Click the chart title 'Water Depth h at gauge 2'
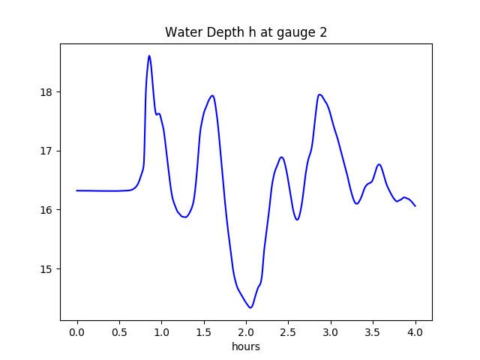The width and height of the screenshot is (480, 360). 246,32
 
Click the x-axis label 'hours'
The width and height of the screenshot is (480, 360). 246,347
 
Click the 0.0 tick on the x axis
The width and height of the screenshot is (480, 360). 77,332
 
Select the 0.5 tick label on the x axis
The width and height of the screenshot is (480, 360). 119,332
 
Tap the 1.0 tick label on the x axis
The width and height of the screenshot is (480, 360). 161,332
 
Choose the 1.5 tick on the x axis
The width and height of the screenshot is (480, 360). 204,332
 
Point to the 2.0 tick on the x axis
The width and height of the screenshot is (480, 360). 246,332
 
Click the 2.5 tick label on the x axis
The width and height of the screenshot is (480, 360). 289,332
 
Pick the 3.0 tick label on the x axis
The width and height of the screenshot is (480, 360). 331,332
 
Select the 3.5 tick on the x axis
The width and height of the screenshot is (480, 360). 373,332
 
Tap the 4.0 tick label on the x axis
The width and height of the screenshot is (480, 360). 415,332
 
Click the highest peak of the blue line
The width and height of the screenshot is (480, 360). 149,55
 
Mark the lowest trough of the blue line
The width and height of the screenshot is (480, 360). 250,307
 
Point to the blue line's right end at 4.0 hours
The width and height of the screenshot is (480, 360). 415,206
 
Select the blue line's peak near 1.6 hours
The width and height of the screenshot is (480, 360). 212,95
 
